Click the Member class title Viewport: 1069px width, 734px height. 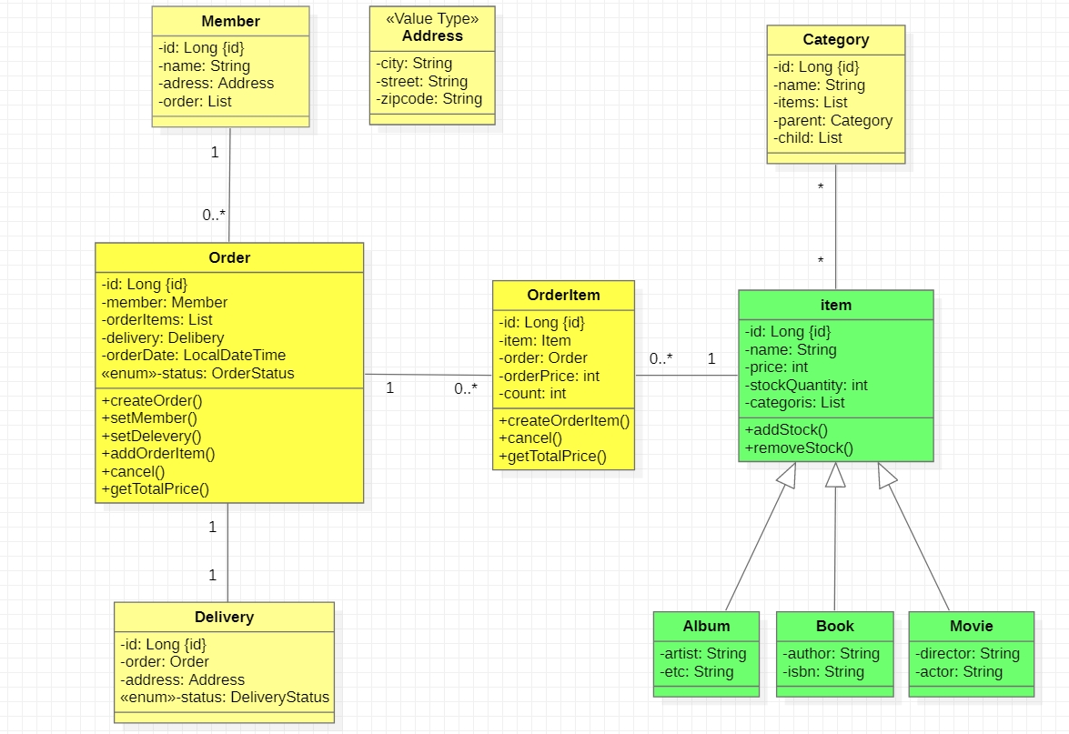click(x=230, y=21)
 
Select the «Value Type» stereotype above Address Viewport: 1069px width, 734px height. click(x=432, y=18)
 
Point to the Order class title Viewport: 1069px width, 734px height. click(x=229, y=257)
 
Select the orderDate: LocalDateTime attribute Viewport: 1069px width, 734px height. click(x=194, y=356)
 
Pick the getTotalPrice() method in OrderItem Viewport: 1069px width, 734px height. click(x=552, y=457)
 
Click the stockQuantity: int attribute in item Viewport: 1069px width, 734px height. click(x=805, y=385)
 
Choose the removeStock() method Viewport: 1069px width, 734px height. click(x=799, y=447)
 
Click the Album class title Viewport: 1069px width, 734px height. click(x=706, y=626)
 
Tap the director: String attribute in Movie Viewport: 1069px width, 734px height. click(x=967, y=653)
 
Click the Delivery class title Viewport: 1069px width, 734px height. click(x=224, y=617)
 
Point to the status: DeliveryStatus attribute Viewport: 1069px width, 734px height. click(x=225, y=698)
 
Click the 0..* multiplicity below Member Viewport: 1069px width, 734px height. click(x=214, y=216)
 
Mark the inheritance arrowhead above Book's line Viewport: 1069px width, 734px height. click(x=835, y=474)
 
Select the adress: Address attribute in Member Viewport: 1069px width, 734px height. click(x=216, y=84)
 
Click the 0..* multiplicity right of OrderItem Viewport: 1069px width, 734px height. click(x=661, y=358)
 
